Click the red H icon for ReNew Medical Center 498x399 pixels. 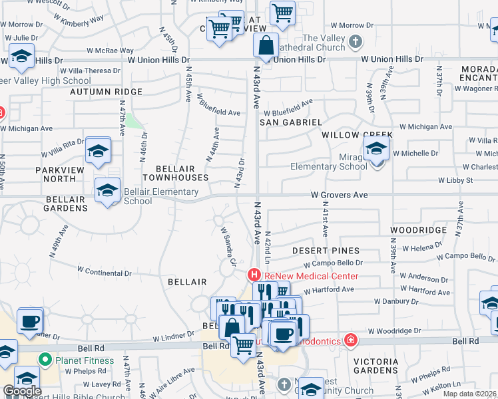click(x=254, y=275)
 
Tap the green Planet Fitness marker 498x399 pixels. click(x=45, y=360)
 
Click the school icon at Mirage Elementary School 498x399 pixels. click(x=376, y=150)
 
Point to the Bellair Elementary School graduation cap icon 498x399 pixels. click(x=107, y=192)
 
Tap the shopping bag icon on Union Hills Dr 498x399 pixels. click(x=266, y=47)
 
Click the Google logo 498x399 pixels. click(x=21, y=391)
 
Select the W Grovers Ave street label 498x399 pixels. click(x=339, y=196)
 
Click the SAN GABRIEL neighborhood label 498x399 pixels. click(x=290, y=122)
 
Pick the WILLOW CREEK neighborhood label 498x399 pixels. click(x=358, y=134)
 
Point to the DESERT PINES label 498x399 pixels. click(x=326, y=251)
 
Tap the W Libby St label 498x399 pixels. click(x=455, y=180)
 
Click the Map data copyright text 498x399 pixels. click(x=469, y=394)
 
